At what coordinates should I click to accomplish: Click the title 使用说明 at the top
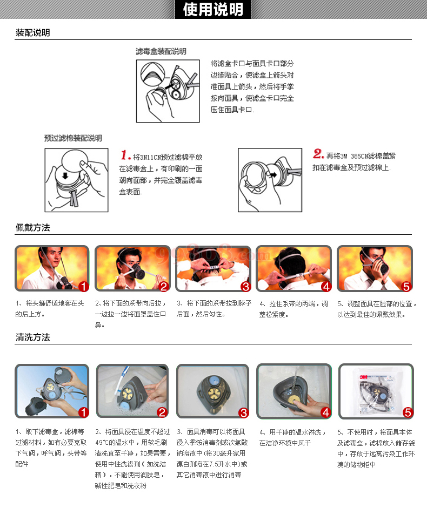point(213,9)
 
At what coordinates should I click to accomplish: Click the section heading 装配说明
point(33,33)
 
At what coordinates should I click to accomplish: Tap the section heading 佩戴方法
point(33,227)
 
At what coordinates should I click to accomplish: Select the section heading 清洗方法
point(33,337)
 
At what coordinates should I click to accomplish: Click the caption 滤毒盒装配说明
point(161,51)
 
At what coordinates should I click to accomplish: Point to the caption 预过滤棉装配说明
point(74,138)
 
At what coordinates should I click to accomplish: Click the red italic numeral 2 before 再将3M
point(318,153)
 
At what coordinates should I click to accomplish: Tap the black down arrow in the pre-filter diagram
point(65,175)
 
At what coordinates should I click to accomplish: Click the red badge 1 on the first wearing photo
point(83,286)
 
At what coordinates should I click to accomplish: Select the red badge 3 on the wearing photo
point(245,287)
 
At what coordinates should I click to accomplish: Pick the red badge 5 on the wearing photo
point(406,287)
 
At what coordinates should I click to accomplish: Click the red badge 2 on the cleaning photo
point(162,412)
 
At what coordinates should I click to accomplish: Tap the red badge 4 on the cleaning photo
point(326,412)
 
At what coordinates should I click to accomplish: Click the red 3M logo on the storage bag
point(363,377)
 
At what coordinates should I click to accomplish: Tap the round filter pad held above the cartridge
point(75,162)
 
